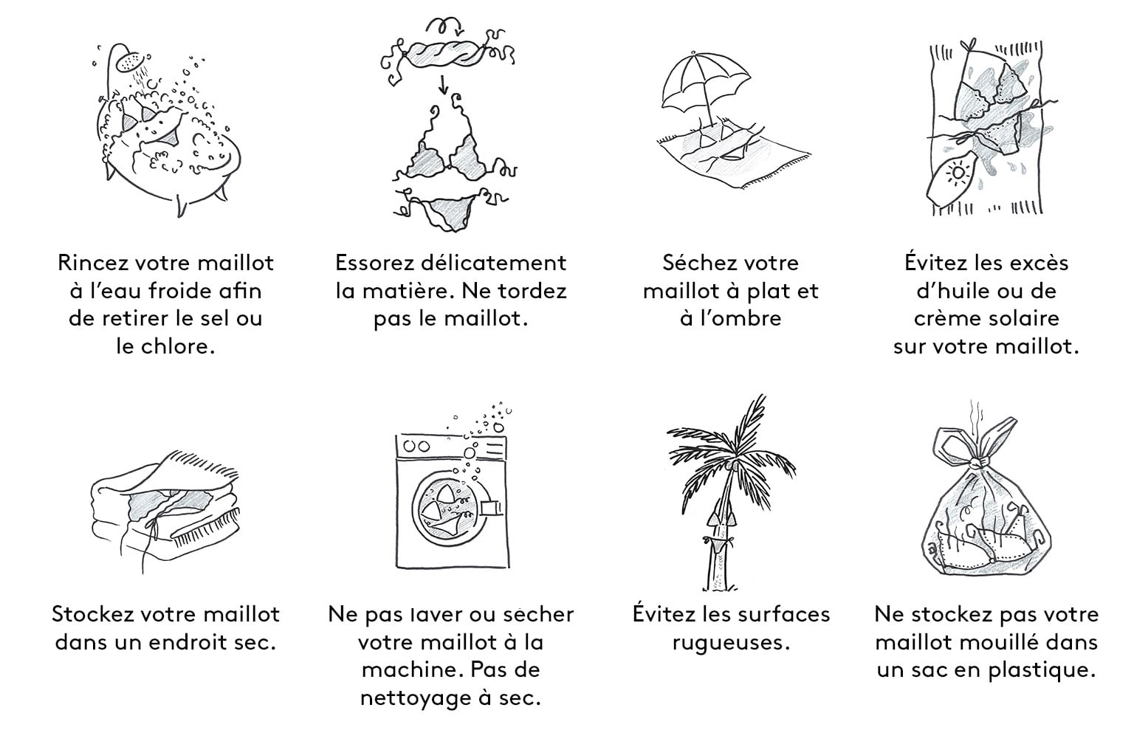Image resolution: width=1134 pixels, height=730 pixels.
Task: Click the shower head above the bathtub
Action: coord(131,61)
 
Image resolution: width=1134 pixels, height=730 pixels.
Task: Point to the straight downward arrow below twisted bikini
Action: coord(444,85)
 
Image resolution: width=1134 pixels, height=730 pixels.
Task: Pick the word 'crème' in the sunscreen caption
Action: coord(946,318)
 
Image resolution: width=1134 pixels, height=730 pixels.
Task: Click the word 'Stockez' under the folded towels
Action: coord(92,615)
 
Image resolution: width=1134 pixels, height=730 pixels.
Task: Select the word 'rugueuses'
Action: coord(731,643)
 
